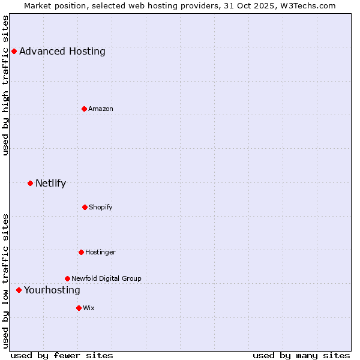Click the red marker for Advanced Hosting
tap(14, 51)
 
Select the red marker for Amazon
tap(85, 109)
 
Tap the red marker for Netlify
tap(30, 183)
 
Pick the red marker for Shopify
tap(85, 207)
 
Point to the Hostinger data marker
tap(81, 252)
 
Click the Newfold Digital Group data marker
tap(67, 278)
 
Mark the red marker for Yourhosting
tap(19, 290)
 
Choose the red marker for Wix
tap(79, 308)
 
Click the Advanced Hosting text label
tap(62, 51)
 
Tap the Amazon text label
tap(101, 109)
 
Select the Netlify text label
tap(50, 183)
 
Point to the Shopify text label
tap(101, 207)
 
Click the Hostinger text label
tap(100, 252)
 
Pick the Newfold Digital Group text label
tap(106, 278)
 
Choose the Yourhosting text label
tap(52, 290)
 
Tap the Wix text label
tap(89, 308)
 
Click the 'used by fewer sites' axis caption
tap(61, 355)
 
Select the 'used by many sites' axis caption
tap(301, 355)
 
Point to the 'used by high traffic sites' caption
tap(5, 85)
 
